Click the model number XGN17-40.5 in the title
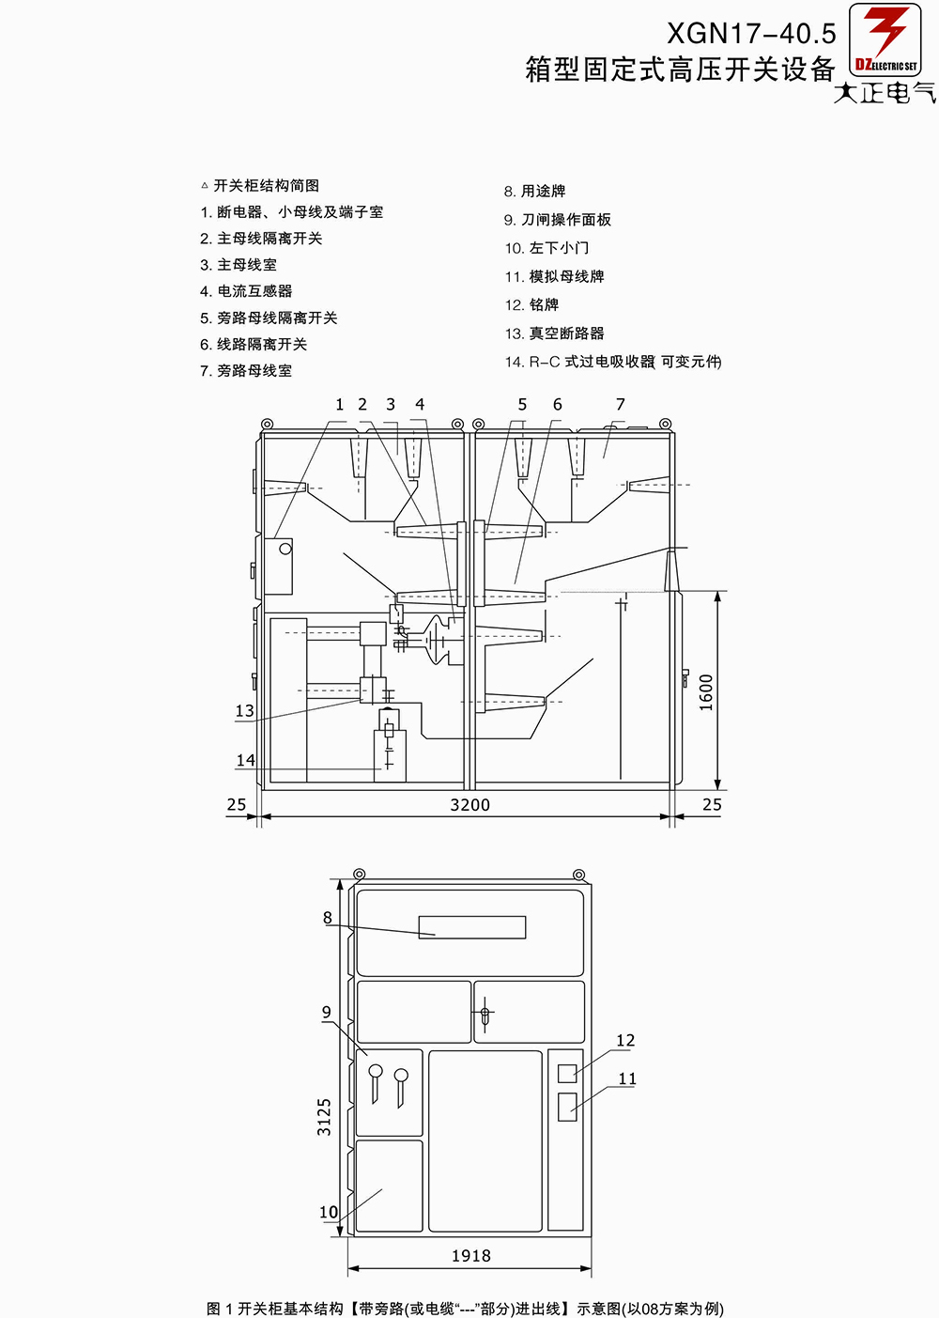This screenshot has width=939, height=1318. pyautogui.click(x=751, y=34)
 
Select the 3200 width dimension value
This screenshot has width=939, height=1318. pyautogui.click(x=469, y=804)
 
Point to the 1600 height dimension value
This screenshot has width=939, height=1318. pyautogui.click(x=706, y=691)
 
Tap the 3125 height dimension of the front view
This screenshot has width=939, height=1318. pyautogui.click(x=324, y=1117)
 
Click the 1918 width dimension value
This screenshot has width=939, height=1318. pyautogui.click(x=470, y=1256)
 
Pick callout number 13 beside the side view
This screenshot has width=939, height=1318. pyautogui.click(x=244, y=710)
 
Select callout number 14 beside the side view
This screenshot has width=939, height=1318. pyautogui.click(x=245, y=759)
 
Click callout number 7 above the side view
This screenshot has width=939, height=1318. pyautogui.click(x=620, y=404)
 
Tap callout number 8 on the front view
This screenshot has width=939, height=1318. pyautogui.click(x=327, y=917)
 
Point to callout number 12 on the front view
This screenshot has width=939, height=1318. pyautogui.click(x=625, y=1040)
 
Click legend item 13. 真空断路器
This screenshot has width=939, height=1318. pyautogui.click(x=555, y=333)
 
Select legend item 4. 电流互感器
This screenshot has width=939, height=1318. pyautogui.click(x=246, y=291)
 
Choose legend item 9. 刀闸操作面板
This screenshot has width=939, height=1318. pyautogui.click(x=558, y=220)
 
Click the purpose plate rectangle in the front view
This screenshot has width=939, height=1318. pyautogui.click(x=471, y=927)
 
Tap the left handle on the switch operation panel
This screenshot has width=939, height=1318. pyautogui.click(x=375, y=1079)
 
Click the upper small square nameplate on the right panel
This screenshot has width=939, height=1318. pyautogui.click(x=567, y=1073)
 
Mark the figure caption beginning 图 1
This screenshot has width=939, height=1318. pyautogui.click(x=465, y=1309)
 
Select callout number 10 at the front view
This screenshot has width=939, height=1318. pyautogui.click(x=328, y=1212)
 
